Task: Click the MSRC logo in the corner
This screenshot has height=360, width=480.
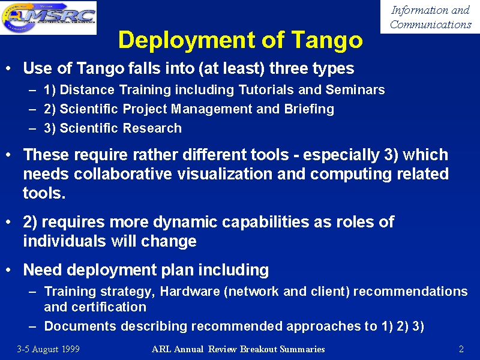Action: pos(49,17)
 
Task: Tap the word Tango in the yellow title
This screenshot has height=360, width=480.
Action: pos(326,41)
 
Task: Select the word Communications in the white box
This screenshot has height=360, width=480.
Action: pos(430,24)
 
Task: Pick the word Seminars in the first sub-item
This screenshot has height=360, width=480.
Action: pos(355,89)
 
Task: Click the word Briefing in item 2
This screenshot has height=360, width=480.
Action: pos(309,109)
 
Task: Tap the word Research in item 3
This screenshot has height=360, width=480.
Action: pos(152,128)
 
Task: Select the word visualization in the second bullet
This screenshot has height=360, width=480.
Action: pos(224,173)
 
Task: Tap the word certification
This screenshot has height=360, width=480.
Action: pos(109,307)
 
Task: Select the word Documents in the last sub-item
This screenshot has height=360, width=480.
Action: pos(80,326)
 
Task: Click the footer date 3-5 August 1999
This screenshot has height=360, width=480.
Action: pos(49,349)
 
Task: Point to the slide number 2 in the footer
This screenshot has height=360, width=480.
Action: pos(461,349)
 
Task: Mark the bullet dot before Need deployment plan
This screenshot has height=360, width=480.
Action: pos(8,269)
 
